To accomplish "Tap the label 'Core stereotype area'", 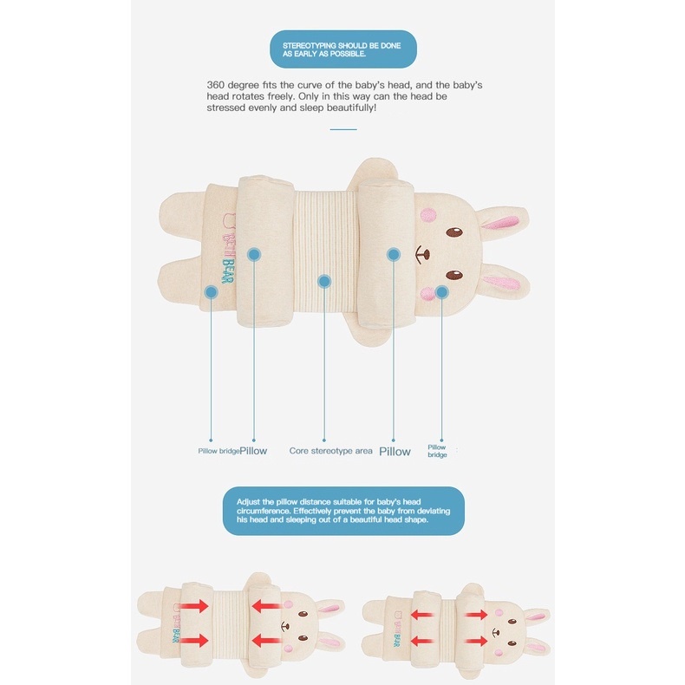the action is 330,451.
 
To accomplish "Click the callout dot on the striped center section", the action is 324,281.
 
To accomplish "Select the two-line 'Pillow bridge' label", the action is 437,451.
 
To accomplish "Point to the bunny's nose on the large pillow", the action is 422,254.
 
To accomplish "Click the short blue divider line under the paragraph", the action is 343,129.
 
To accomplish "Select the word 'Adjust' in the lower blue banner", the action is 249,502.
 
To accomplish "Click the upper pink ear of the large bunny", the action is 501,222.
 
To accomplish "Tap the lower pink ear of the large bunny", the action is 502,282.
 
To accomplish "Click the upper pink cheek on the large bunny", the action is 428,214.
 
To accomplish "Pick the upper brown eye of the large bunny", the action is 454,232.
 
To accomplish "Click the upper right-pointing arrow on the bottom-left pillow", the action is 194,606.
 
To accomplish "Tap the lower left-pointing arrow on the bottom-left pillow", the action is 266,641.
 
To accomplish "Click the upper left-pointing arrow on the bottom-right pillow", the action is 422,615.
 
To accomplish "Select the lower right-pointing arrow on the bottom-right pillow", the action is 476,642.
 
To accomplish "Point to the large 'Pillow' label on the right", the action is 395,452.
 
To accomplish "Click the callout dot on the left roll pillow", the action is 254,254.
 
